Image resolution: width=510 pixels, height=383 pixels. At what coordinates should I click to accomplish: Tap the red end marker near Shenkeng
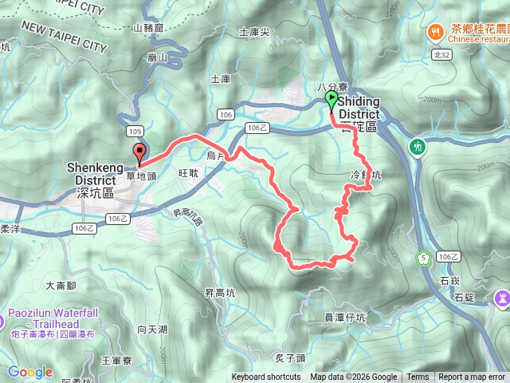coord(140,152)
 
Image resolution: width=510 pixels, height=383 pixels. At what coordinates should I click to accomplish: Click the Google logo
coord(29,372)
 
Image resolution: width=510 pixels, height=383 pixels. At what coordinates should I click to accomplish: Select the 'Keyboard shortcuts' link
coord(266,377)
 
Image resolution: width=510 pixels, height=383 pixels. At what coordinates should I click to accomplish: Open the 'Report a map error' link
coord(472,377)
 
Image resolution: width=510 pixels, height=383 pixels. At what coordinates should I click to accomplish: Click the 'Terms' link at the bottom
coord(418,377)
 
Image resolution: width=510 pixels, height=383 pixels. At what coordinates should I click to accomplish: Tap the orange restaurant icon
coord(435,31)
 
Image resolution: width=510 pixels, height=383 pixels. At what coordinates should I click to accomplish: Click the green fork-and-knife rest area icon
coord(417,147)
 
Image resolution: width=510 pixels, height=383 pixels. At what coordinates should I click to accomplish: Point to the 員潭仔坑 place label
coord(344,318)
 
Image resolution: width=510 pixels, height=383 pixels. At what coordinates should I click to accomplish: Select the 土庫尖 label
coord(254,33)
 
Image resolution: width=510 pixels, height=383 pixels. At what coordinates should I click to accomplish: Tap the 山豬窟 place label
coord(148,28)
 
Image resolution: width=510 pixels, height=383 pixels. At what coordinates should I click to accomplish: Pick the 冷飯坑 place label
coord(367,174)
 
